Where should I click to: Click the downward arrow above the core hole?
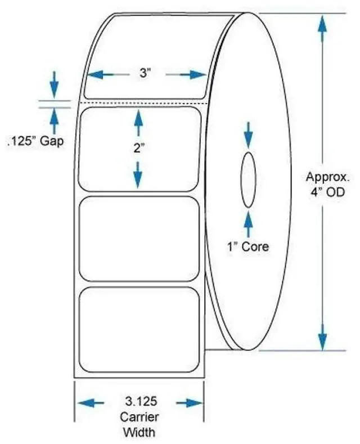coord(249,132)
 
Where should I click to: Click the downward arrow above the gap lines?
coord(53,84)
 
